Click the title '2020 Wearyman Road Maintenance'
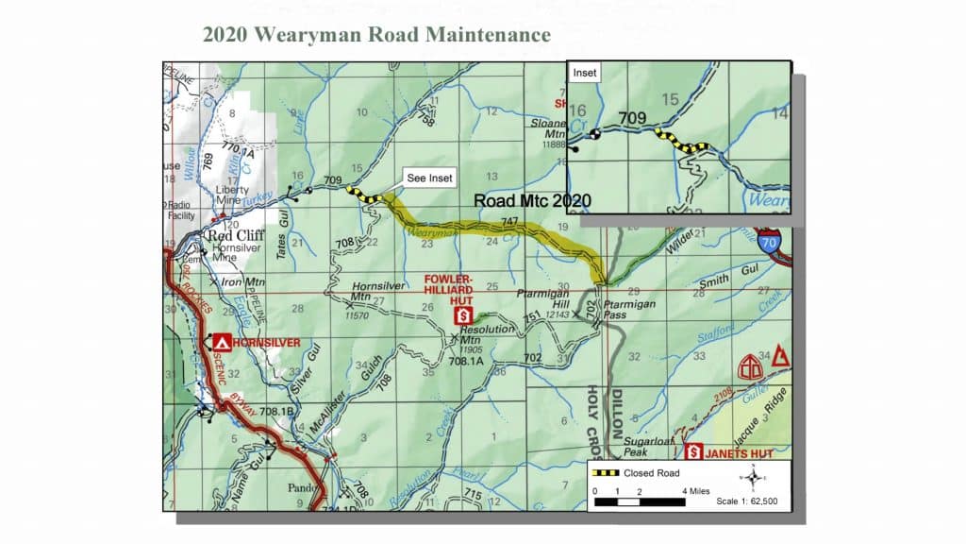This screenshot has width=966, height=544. click(x=376, y=35)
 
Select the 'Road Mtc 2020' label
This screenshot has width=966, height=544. click(x=532, y=200)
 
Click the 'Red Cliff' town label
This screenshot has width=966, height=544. click(x=237, y=236)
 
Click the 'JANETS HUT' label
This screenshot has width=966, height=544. click(x=741, y=453)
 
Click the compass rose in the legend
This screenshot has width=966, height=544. click(x=753, y=478)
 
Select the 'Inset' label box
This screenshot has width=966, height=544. click(x=586, y=72)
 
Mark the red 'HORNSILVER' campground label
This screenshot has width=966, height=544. click(x=267, y=341)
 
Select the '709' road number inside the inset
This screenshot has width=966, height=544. click(x=631, y=119)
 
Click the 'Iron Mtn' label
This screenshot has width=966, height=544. click(x=246, y=281)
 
